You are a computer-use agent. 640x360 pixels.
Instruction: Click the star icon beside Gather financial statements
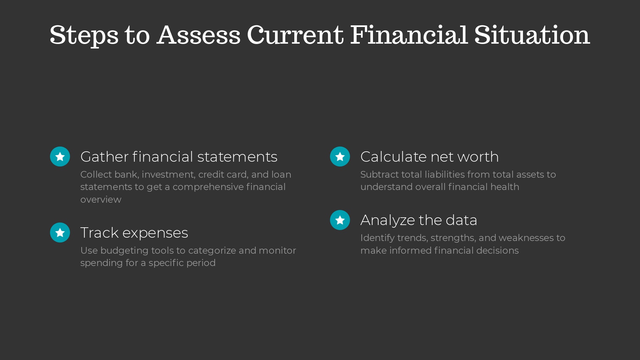tap(60, 156)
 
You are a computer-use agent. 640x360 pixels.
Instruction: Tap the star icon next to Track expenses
tap(60, 232)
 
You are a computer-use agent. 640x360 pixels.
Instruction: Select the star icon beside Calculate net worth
tap(340, 156)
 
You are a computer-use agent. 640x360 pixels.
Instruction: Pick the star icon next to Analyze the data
tap(340, 220)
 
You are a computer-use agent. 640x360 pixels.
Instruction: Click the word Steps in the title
tap(84, 35)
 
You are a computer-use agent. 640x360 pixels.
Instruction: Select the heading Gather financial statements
tap(179, 157)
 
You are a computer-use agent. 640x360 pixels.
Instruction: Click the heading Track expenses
tap(134, 233)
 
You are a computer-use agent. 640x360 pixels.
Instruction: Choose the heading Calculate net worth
tap(429, 157)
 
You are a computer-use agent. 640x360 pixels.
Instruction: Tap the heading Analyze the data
tap(419, 220)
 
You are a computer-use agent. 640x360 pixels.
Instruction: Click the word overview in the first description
tap(101, 200)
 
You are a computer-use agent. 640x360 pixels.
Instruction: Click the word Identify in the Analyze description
tap(377, 238)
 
